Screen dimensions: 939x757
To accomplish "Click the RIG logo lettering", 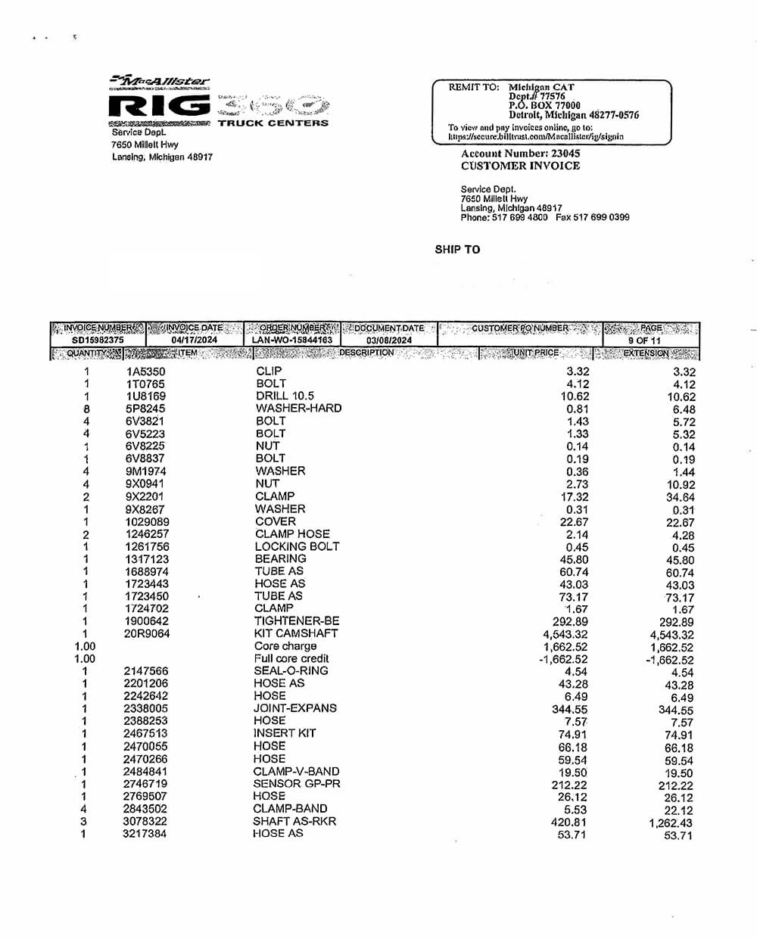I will pos(160,106).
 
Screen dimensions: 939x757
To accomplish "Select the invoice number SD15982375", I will pos(98,340).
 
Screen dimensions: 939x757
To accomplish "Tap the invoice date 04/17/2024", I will pos(195,340).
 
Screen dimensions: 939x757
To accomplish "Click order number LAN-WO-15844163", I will pos(292,340).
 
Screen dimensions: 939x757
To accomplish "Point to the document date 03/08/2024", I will pos(389,340).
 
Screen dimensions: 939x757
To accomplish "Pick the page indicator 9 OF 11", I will pos(644,340).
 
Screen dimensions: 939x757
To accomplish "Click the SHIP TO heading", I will pos(457,249).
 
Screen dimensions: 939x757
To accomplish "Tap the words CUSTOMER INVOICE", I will pos(520,166).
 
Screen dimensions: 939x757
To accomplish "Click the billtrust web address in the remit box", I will pos(535,137).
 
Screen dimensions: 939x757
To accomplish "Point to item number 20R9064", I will pos(148,633).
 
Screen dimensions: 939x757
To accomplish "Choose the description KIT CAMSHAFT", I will pos(296,633).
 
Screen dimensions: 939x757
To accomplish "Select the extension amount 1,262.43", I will pos(670,823).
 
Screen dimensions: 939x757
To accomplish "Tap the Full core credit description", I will pos(291,658).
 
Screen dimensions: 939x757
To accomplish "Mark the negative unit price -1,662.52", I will pos(563,659).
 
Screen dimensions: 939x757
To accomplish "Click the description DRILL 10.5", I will pos(285,396).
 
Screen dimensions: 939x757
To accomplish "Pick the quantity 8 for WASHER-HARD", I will pos(86,409).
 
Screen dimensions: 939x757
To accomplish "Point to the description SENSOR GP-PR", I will pos(297,783).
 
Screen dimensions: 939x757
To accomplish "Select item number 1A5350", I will pos(145,372).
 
